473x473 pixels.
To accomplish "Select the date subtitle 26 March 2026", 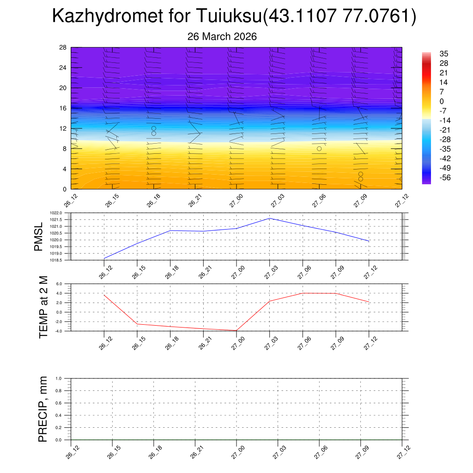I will pos(222,36).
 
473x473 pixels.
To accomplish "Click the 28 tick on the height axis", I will pos(63,48).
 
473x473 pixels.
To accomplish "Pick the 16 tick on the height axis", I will pos(63,108).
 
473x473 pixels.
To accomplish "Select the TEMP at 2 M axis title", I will pos(43,307).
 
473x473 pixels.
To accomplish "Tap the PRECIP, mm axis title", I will pos(43,409).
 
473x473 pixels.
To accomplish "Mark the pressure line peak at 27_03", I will pos(270,218).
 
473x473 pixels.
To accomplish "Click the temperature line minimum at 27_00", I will pos(236,331).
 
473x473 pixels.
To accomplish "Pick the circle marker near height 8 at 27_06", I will pos(319,149).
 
